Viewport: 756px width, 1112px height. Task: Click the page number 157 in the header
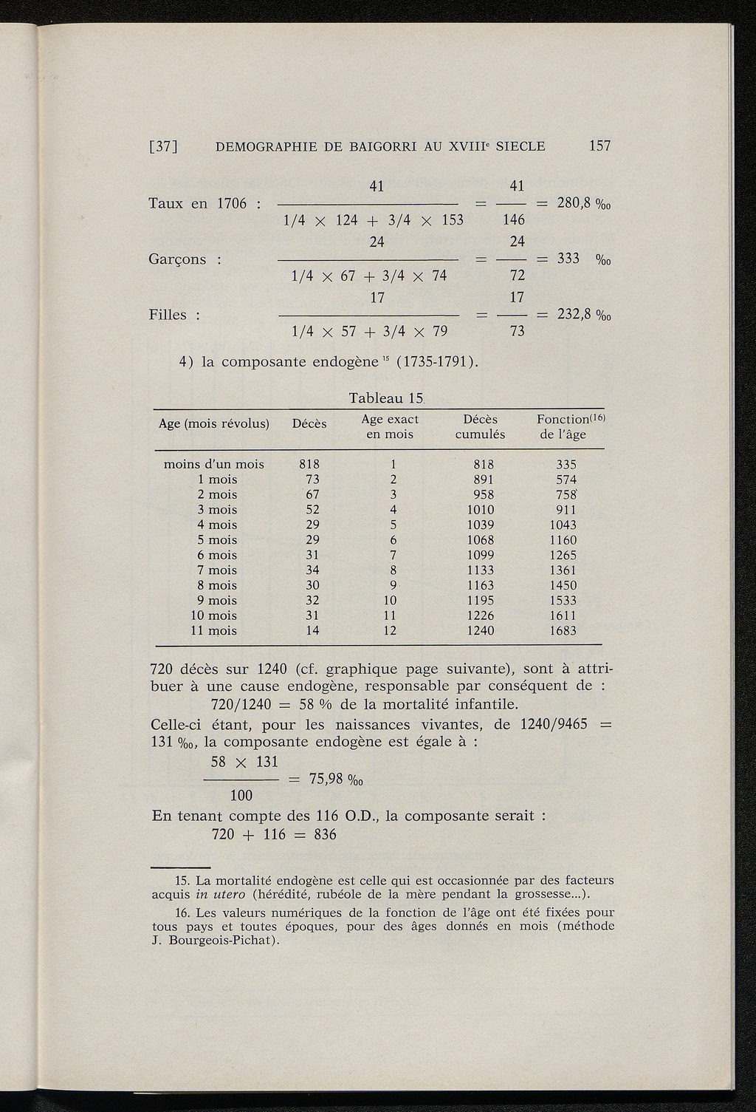click(x=599, y=146)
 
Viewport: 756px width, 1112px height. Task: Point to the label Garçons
click(x=178, y=259)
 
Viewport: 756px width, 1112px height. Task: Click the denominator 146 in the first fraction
click(x=513, y=219)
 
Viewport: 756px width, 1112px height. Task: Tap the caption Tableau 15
click(x=385, y=398)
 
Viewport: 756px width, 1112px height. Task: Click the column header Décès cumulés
click(x=480, y=427)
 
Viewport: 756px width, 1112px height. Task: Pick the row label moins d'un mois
click(x=213, y=465)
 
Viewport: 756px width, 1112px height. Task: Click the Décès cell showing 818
click(x=309, y=465)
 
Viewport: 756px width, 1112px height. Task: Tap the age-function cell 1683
click(x=563, y=631)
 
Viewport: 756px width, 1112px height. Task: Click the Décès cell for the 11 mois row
click(x=312, y=631)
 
